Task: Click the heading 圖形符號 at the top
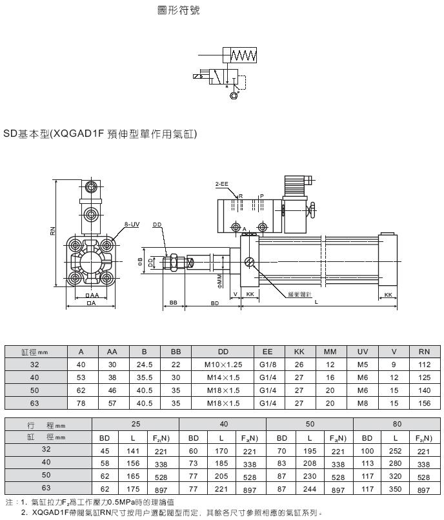(x=179, y=11)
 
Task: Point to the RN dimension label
(x=53, y=230)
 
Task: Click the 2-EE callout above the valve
(x=221, y=185)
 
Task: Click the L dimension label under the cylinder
(x=315, y=302)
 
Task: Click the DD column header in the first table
(x=224, y=352)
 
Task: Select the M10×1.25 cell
(x=224, y=365)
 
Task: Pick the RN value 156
(x=424, y=403)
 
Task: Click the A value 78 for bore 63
(x=81, y=403)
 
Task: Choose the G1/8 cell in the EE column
(x=266, y=365)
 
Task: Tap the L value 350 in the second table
(x=396, y=490)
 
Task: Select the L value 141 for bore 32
(x=133, y=451)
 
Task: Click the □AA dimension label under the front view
(x=92, y=295)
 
